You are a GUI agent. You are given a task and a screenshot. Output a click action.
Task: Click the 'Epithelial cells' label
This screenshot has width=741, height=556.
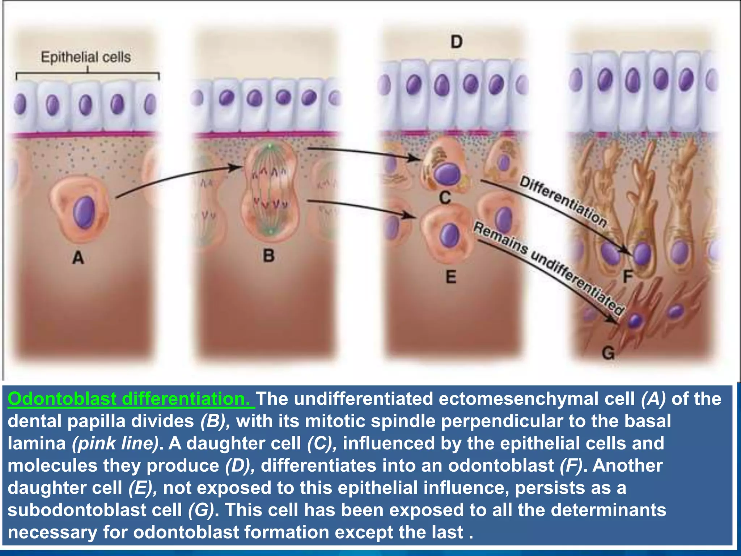(86, 57)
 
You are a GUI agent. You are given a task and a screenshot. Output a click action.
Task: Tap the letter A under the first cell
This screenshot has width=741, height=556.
(78, 258)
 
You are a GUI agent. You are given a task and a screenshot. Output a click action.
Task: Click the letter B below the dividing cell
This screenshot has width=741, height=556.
(268, 256)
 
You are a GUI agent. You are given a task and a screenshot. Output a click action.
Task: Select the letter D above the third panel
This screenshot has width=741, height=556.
(457, 42)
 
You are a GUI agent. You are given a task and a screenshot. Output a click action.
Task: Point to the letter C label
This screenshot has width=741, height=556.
(445, 198)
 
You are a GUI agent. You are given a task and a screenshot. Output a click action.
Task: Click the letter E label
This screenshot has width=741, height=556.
(451, 277)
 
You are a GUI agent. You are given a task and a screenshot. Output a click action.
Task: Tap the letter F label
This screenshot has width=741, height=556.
(628, 277)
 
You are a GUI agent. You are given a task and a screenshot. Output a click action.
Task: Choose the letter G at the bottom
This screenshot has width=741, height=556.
(608, 353)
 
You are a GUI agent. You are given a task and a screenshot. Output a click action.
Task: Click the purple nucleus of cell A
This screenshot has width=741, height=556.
(84, 212)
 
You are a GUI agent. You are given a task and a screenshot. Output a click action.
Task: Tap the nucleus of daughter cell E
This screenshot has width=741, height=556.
(450, 236)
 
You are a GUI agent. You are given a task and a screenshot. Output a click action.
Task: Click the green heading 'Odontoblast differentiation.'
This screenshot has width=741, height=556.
(131, 399)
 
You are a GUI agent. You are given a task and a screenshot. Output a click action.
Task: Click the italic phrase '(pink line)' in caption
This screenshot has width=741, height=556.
(115, 443)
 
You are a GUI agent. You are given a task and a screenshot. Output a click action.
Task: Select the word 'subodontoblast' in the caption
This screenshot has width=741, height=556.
(95, 510)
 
